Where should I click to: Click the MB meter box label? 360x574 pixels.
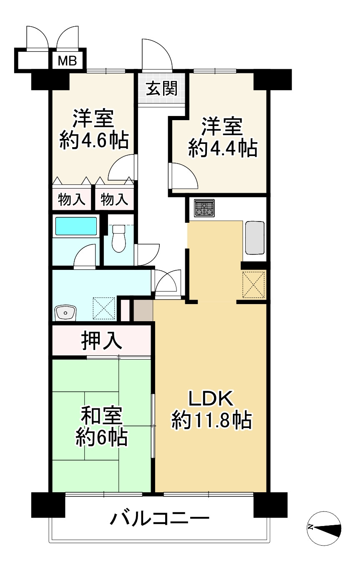[67, 61]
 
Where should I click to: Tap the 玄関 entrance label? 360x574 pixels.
[161, 88]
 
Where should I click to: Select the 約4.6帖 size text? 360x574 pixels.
[93, 140]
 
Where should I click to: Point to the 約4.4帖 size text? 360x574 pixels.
[222, 148]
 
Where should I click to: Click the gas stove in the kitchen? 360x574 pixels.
[204, 208]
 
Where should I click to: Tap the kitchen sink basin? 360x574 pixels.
[255, 237]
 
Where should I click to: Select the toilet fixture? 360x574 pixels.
[119, 238]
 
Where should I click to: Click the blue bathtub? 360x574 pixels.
[76, 226]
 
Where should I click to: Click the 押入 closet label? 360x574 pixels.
[102, 340]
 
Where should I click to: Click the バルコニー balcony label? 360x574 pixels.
[159, 519]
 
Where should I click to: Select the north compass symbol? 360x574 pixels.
[325, 528]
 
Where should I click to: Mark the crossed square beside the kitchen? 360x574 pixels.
[254, 284]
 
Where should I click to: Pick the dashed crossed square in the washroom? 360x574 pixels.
[103, 308]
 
